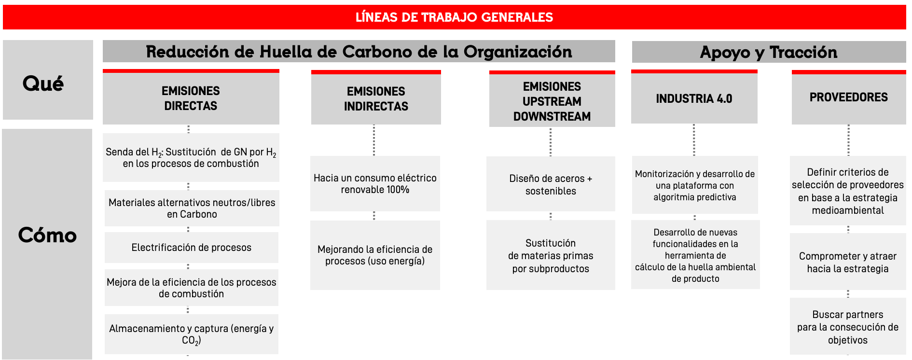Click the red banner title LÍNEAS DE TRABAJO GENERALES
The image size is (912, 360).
[454, 17]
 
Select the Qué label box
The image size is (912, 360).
[48, 80]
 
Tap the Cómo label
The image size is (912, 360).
[47, 235]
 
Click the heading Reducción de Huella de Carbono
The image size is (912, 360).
[359, 52]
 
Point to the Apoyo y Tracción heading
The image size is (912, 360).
[769, 52]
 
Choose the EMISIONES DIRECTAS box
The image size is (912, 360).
[191, 97]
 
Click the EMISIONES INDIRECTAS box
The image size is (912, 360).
[376, 97]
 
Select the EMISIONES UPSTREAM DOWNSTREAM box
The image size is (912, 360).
[552, 99]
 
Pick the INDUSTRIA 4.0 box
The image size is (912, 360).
[694, 97]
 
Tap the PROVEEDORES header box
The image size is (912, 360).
[849, 97]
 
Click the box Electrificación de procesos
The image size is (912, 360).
[192, 248]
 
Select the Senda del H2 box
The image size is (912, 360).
[191, 158]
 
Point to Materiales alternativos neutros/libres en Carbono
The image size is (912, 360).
[192, 208]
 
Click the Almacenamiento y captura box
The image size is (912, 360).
[192, 334]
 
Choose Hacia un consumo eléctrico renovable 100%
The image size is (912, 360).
[375, 184]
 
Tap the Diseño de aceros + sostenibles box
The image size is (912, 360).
[551, 184]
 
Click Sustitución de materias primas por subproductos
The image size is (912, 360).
[551, 255]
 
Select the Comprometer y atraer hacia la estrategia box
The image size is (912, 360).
[848, 262]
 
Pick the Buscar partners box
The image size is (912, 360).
[848, 327]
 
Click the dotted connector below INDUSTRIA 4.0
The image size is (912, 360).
[694, 140]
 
